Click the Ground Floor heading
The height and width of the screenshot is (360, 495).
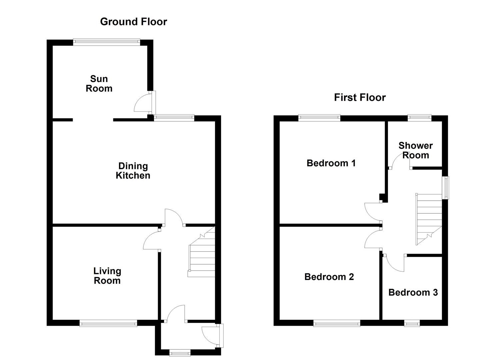[133, 22]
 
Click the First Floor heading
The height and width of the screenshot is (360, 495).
[360, 97]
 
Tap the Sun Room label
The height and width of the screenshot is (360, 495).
[99, 84]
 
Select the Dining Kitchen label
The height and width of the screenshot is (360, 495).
[133, 171]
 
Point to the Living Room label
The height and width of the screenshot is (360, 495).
[107, 276]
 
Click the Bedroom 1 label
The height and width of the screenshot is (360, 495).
[331, 163]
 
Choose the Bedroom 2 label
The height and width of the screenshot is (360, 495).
[329, 277]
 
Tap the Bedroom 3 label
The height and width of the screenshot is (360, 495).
[413, 293]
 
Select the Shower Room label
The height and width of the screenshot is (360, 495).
[416, 150]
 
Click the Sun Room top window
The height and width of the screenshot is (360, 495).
[107, 42]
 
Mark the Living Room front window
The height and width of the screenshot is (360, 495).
[108, 323]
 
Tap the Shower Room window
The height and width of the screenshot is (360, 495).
[420, 117]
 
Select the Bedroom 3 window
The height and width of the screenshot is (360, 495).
[412, 323]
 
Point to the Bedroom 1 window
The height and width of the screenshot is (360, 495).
[319, 117]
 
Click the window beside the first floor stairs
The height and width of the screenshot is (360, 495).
[445, 187]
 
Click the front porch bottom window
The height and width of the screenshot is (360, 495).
[180, 352]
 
